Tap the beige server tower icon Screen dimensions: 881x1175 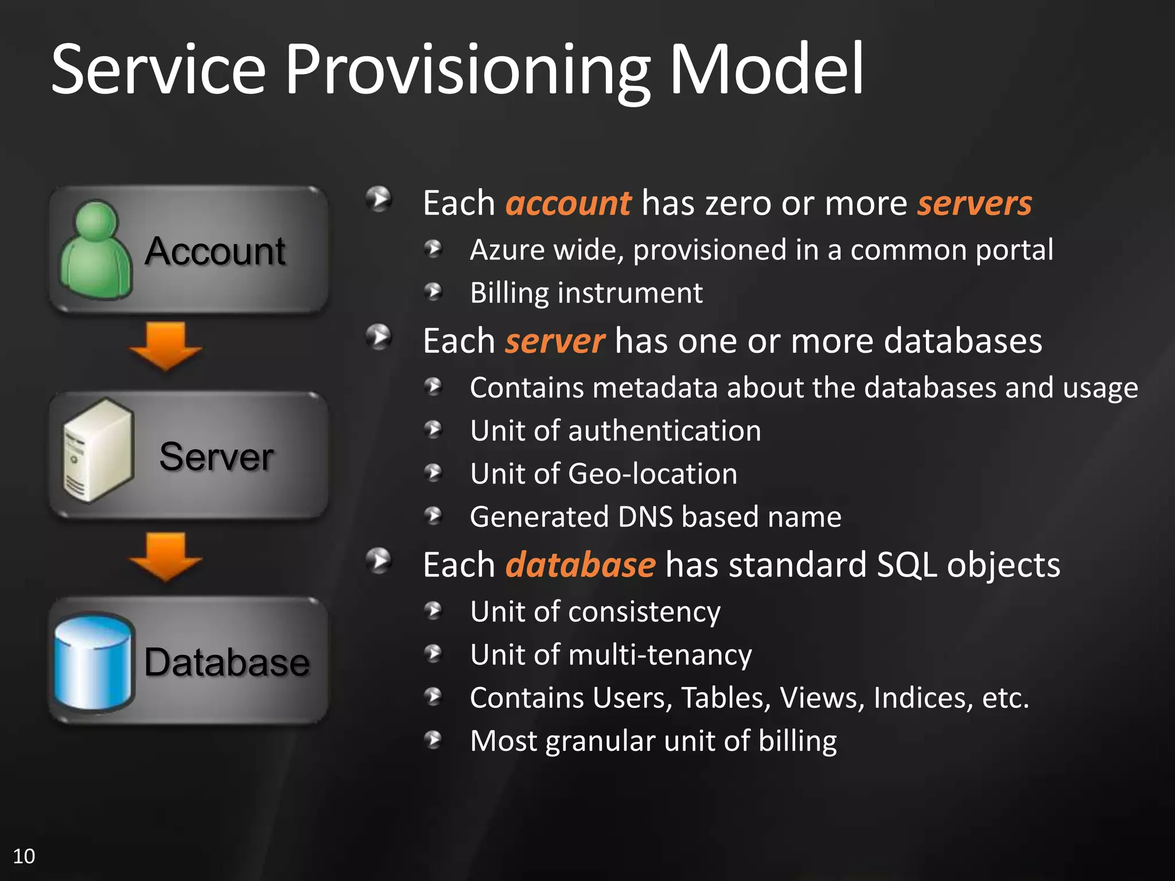(98, 451)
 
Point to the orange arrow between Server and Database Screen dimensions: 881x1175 (165, 556)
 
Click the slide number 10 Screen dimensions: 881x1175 (24, 856)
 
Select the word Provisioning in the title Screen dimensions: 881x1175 (468, 70)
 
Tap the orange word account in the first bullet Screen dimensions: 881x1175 (568, 204)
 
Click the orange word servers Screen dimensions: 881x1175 (974, 204)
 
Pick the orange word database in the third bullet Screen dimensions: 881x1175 (580, 565)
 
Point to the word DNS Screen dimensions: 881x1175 (645, 517)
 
